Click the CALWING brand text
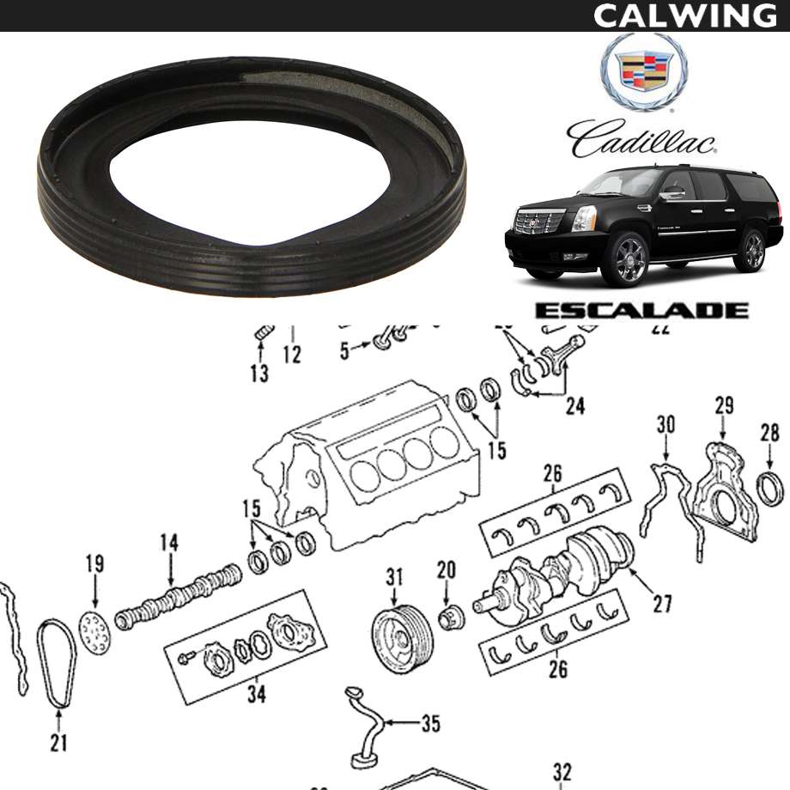(x=685, y=15)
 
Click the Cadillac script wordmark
(x=641, y=138)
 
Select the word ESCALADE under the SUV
(x=641, y=310)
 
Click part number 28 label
(x=769, y=433)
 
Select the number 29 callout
(x=724, y=406)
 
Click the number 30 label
(x=665, y=425)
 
